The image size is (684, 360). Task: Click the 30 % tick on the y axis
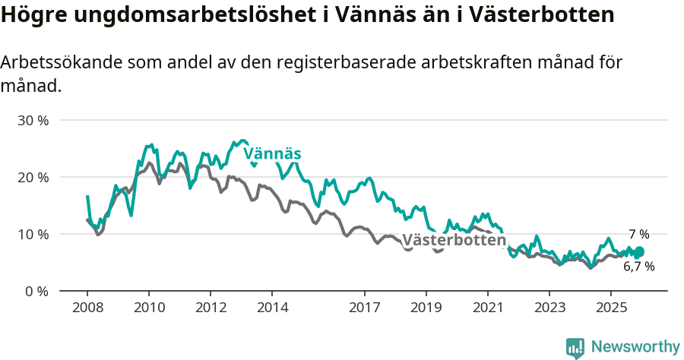tap(33, 120)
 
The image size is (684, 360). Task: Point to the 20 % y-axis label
tap(33, 177)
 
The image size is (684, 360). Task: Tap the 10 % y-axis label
tap(33, 234)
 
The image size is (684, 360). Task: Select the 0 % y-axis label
tap(37, 291)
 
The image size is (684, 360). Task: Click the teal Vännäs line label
tap(272, 154)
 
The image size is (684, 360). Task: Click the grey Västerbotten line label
tap(454, 240)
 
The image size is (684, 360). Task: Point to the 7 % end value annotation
tap(638, 234)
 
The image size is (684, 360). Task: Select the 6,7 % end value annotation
tap(638, 267)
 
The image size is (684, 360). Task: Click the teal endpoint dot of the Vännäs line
tap(639, 252)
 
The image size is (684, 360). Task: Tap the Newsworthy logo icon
tap(575, 347)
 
